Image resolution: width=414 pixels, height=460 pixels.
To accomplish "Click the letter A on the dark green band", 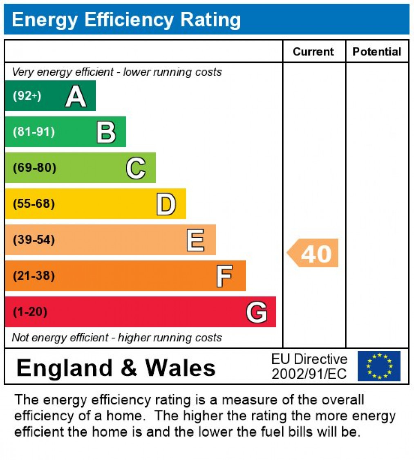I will pos(76,96).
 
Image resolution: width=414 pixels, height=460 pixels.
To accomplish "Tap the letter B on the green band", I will pos(106,132).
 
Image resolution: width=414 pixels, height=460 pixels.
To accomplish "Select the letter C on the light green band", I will pos(136,168).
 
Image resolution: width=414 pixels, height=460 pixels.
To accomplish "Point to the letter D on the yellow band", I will pos(166,204).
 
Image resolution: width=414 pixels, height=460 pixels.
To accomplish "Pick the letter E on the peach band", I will pos(195,240).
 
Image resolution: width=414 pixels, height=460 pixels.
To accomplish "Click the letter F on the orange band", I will pos(224,276).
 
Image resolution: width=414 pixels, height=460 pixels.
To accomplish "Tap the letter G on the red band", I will pos(257,312).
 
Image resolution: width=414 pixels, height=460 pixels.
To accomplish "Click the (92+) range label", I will pos(27,96).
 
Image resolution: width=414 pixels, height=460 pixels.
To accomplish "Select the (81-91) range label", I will pos(34,132).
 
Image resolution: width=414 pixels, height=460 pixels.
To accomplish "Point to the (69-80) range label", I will pos(35,168).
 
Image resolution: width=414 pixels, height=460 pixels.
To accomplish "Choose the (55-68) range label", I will pos(34,204).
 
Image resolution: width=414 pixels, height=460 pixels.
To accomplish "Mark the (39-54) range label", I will pos(34,240).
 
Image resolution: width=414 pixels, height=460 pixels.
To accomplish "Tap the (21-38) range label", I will pos(34,276).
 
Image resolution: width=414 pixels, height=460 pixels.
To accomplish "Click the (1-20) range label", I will pos(30,312).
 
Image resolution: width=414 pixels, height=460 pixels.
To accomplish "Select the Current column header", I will pos(313,52).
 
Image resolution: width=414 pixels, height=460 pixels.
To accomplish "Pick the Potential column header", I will pos(377,52).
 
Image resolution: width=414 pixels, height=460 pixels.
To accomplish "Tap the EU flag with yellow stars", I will pos(379,366).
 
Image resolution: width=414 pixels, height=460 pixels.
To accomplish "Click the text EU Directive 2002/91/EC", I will pos(309,366).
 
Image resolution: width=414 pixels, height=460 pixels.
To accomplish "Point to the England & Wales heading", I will pos(116,367).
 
